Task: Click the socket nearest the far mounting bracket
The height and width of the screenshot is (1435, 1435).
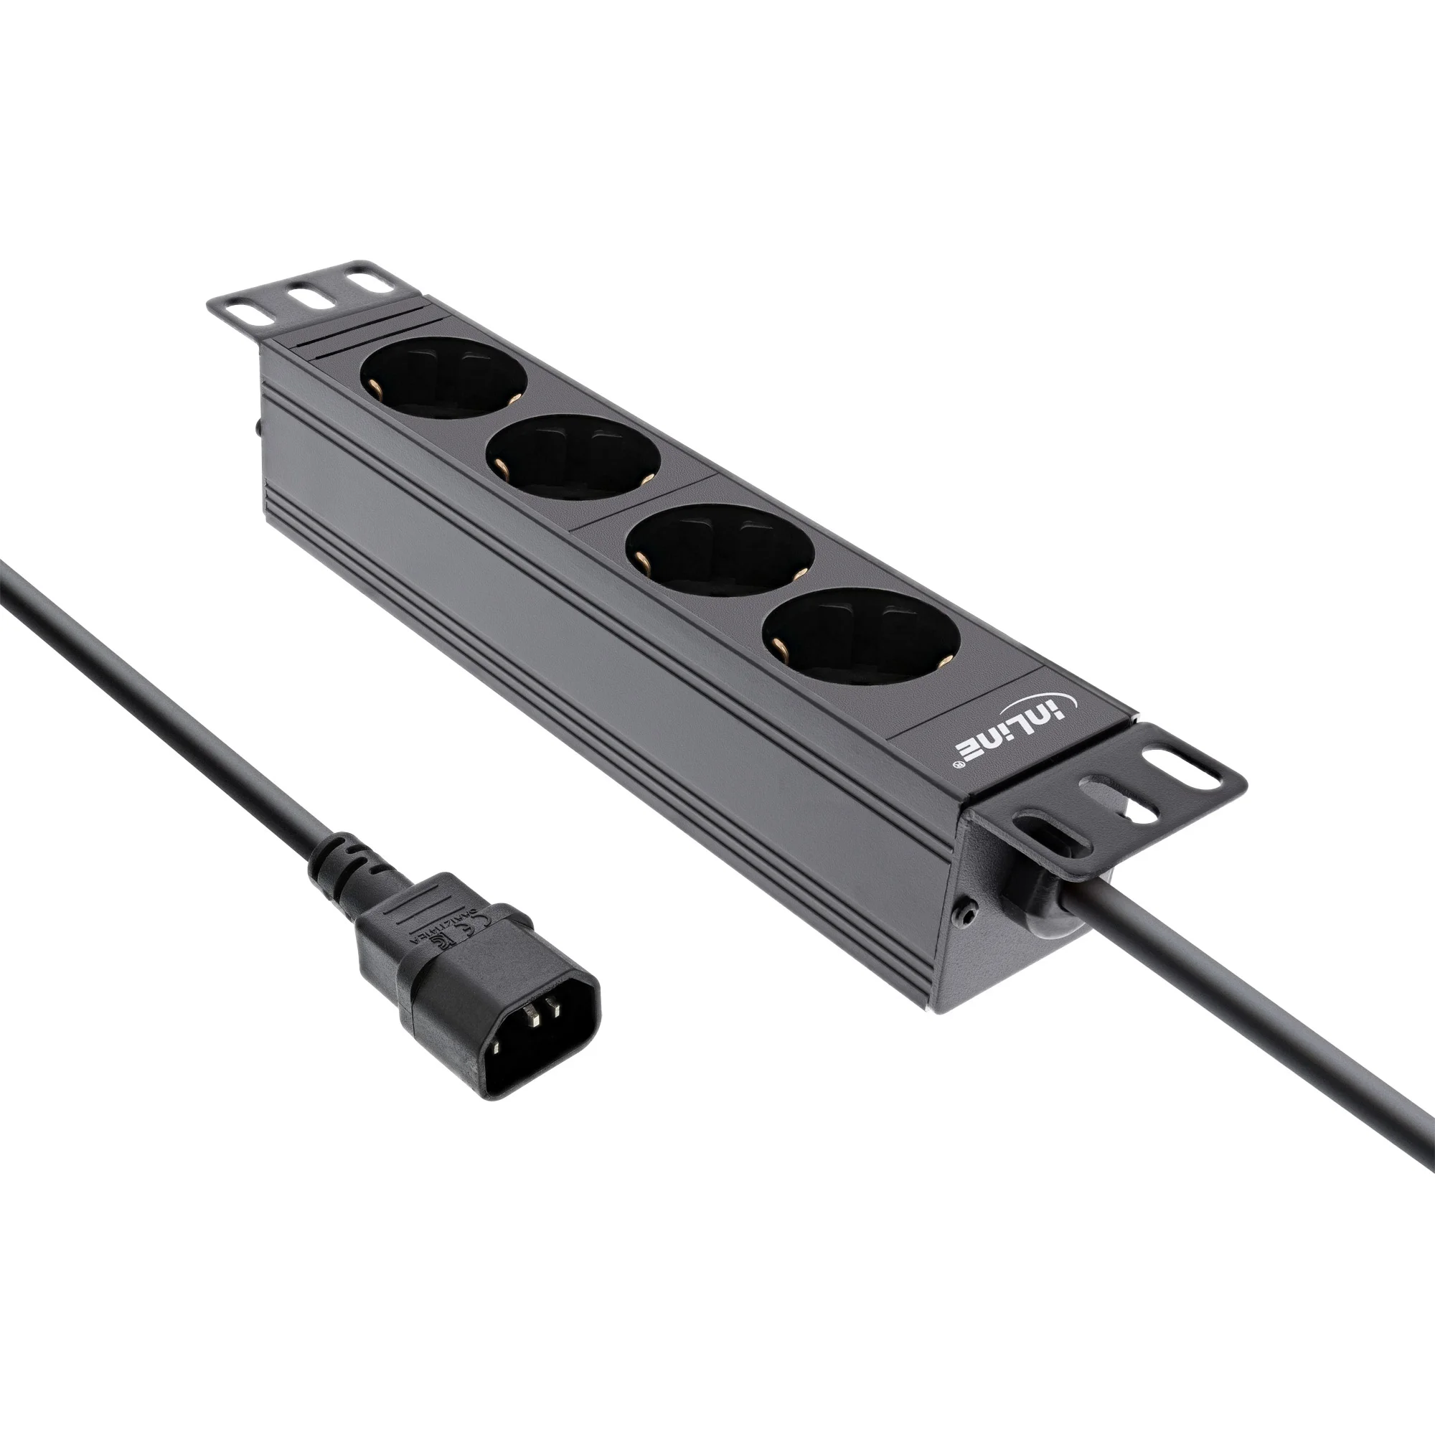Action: (x=443, y=381)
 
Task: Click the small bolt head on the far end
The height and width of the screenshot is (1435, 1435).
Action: (x=258, y=428)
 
